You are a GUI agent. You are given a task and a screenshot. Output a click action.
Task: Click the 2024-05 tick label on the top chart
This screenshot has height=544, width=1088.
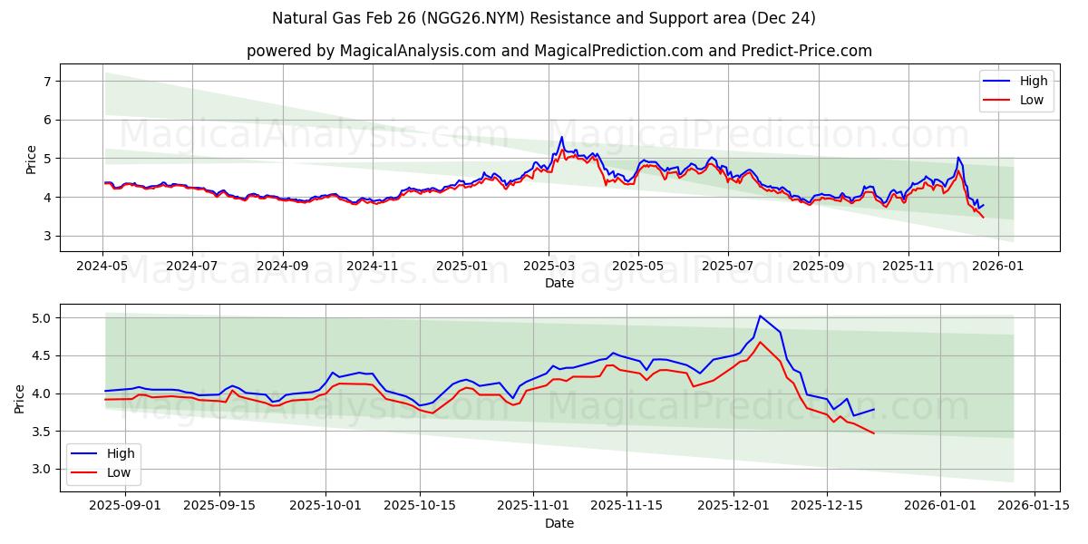point(102,267)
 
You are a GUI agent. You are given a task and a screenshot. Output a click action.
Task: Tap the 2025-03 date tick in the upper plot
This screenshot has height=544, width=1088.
point(548,267)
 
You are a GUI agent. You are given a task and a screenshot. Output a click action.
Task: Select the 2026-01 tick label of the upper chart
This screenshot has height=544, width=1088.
point(997,267)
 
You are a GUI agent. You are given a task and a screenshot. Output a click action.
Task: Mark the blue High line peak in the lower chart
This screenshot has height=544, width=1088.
point(760,316)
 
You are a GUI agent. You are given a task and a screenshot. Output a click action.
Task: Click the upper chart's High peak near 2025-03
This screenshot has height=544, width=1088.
point(561,137)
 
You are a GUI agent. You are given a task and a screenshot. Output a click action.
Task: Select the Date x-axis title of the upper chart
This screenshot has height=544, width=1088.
point(559,283)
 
